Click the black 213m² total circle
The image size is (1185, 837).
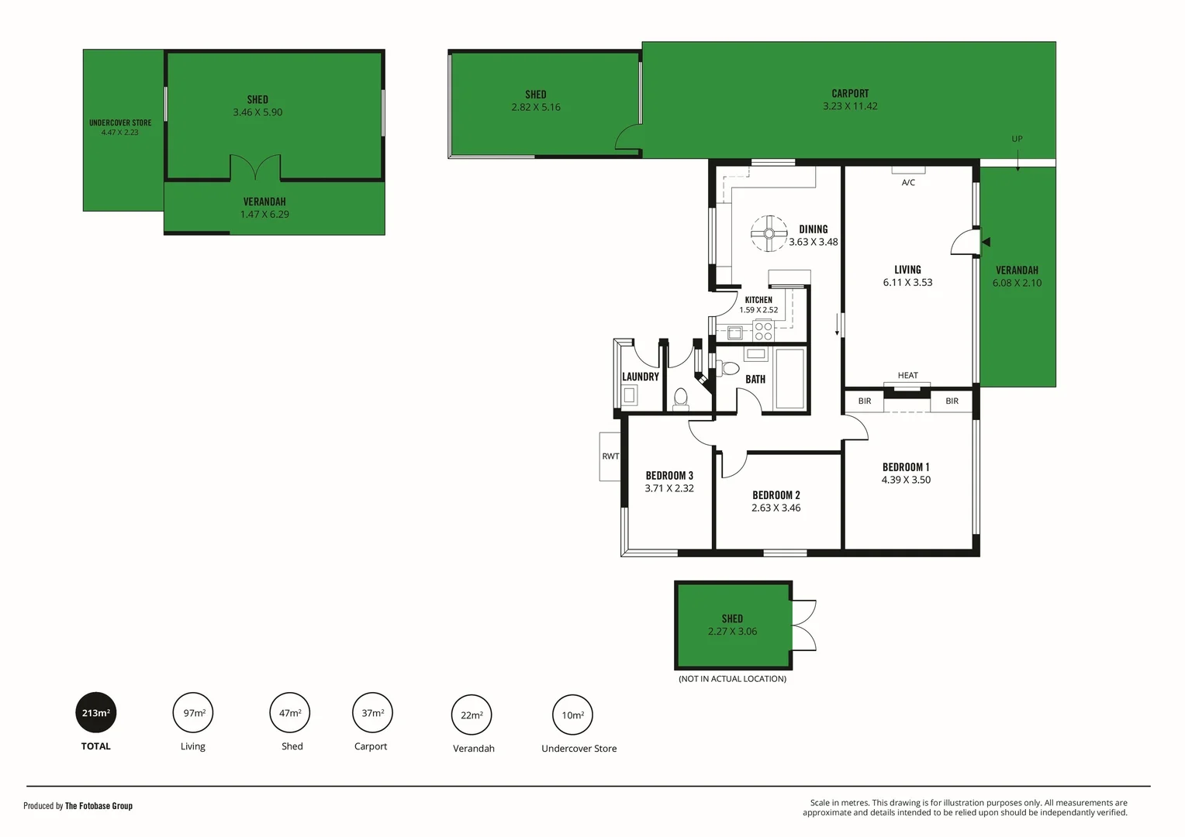[96, 712]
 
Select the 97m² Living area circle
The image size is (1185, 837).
[193, 712]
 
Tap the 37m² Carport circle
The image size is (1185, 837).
[372, 712]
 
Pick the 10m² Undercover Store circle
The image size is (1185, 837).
[572, 715]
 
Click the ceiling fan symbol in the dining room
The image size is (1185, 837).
[769, 233]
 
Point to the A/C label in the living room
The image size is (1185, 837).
[908, 183]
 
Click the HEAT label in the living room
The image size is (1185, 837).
[907, 376]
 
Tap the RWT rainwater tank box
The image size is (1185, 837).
[610, 456]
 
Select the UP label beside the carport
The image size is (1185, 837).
[1017, 139]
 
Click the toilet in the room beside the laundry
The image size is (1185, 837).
[681, 398]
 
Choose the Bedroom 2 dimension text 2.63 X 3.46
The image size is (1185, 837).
[776, 508]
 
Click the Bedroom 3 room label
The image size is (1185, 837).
[669, 476]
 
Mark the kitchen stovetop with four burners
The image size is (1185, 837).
[763, 331]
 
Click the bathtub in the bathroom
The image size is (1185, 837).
[790, 378]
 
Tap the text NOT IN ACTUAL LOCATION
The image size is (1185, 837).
[732, 679]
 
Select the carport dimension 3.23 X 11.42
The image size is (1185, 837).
[850, 106]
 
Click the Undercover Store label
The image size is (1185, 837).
[120, 122]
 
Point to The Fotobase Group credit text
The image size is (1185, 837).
[98, 806]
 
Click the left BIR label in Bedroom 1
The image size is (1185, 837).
[865, 401]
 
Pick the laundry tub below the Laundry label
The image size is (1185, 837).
[630, 395]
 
